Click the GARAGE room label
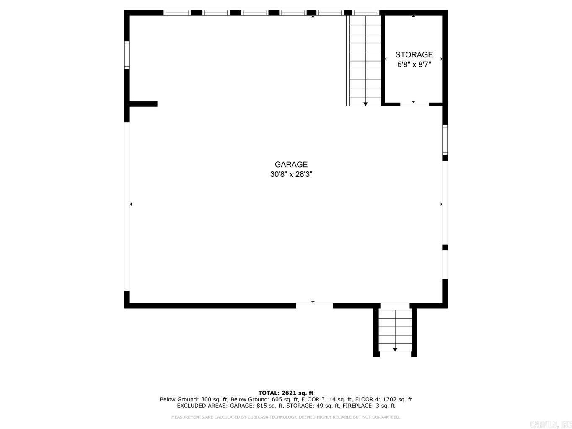point(291,165)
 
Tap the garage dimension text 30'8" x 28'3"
point(291,174)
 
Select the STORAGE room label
point(414,55)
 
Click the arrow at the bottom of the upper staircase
point(365,103)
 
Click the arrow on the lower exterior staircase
point(395,349)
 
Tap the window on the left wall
point(127,55)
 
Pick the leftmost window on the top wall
point(177,13)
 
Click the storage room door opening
point(414,104)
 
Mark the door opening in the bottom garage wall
point(314,306)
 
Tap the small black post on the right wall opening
point(445,247)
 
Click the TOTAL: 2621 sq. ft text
point(286,393)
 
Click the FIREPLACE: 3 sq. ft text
point(368,406)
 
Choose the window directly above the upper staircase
point(365,13)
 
